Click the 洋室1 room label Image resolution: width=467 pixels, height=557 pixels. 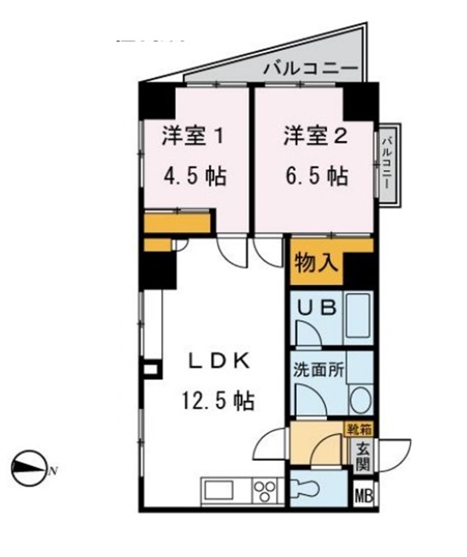point(194,136)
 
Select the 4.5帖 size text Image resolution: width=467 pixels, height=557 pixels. point(194,177)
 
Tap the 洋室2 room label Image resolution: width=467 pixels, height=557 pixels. point(315,136)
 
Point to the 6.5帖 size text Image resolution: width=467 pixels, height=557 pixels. point(315,177)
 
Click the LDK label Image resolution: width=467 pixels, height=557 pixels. point(218,360)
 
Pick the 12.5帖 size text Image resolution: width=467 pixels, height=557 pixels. point(218,400)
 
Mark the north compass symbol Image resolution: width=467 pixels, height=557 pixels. point(29,466)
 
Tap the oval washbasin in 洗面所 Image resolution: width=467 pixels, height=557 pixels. point(359,400)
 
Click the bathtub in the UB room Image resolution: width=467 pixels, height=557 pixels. point(357,317)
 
